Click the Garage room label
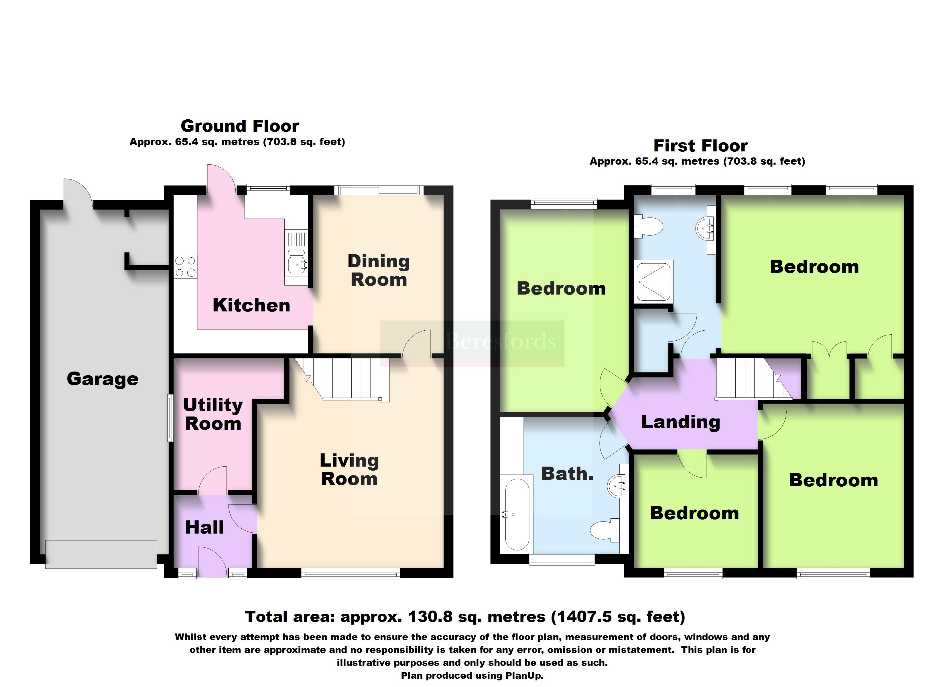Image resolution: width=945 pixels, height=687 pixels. [103, 379]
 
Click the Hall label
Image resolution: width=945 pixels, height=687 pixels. [204, 528]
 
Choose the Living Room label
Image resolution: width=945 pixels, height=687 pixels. [349, 469]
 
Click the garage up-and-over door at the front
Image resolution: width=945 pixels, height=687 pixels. [101, 554]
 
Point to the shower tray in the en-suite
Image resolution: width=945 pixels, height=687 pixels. [653, 282]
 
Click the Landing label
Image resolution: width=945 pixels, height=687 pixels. [680, 422]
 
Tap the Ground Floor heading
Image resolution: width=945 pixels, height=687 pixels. [240, 126]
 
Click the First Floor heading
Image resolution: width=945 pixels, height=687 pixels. [700, 146]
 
